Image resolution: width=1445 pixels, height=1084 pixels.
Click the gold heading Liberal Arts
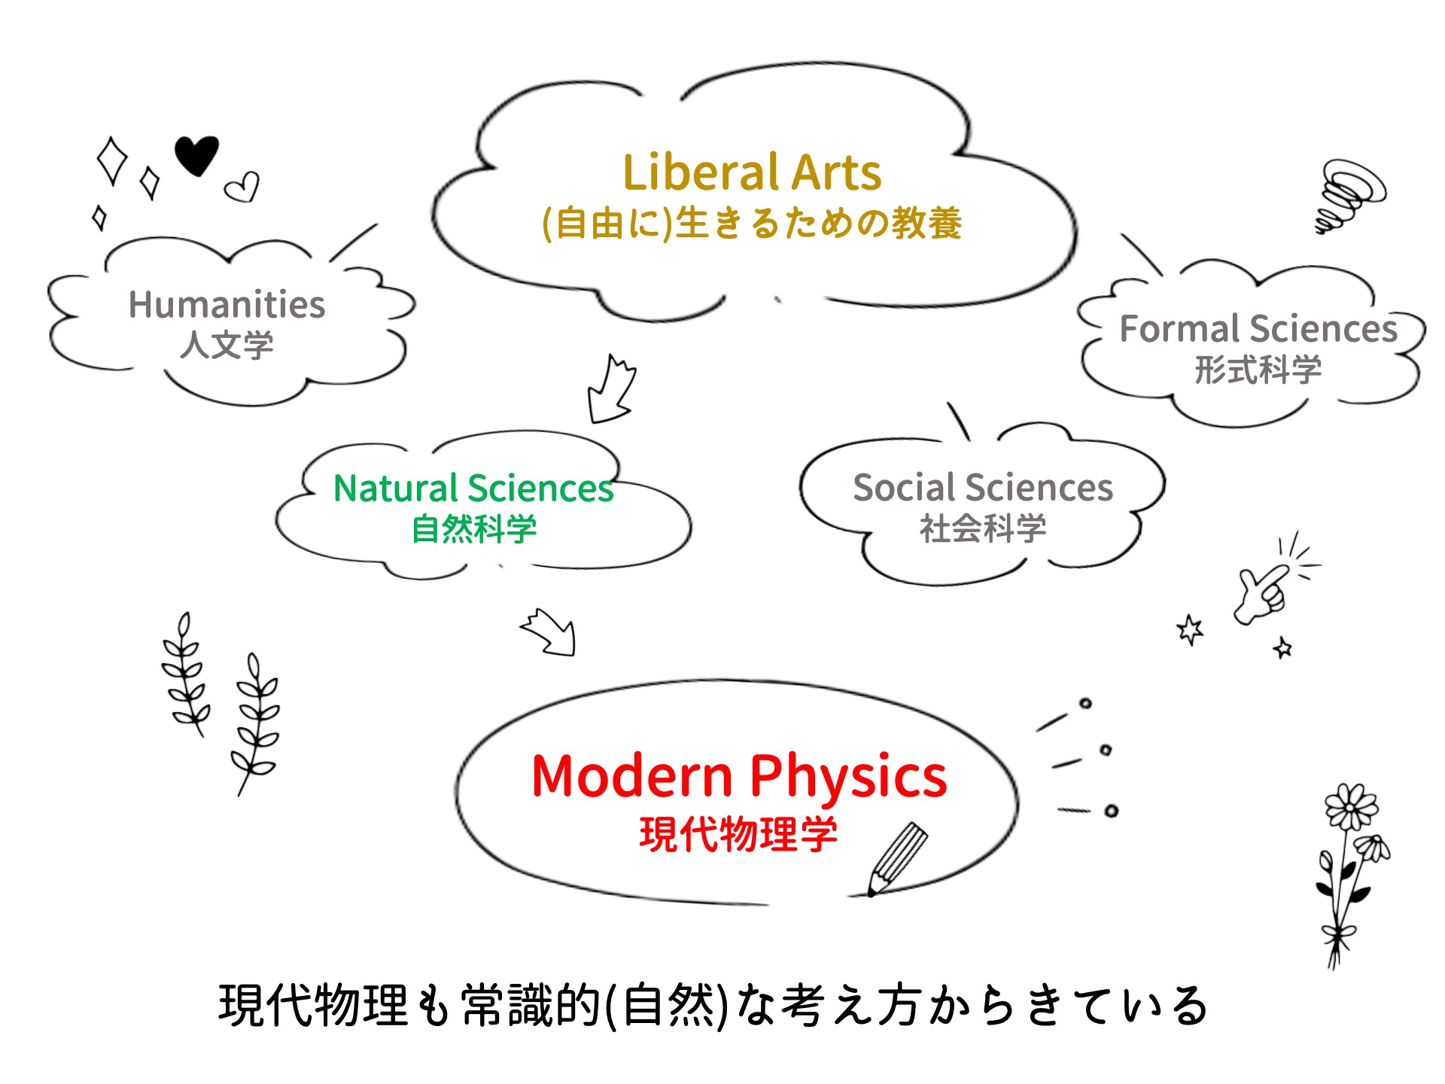pyautogui.click(x=752, y=172)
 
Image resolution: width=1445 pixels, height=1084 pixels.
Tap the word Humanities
pyautogui.click(x=227, y=305)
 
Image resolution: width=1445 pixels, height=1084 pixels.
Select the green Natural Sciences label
pyautogui.click(x=473, y=488)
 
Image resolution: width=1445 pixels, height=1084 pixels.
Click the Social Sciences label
pyautogui.click(x=983, y=487)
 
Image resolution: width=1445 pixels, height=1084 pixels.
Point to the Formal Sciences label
pyautogui.click(x=1258, y=328)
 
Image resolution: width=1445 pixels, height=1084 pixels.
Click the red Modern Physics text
pyautogui.click(x=739, y=778)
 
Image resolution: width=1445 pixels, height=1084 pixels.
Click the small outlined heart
pyautogui.click(x=242, y=187)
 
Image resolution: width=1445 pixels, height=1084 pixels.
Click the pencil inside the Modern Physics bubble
pyautogui.click(x=898, y=858)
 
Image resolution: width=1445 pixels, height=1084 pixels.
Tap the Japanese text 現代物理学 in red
pyautogui.click(x=738, y=834)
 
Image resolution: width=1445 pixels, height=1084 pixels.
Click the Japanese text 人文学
pyautogui.click(x=227, y=345)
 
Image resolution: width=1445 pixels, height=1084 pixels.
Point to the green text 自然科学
pyautogui.click(x=474, y=528)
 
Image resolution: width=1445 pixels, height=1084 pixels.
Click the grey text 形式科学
pyautogui.click(x=1258, y=370)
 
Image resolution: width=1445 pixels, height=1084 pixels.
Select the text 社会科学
pyautogui.click(x=983, y=528)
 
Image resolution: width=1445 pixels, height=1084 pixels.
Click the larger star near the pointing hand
pyautogui.click(x=1190, y=630)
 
